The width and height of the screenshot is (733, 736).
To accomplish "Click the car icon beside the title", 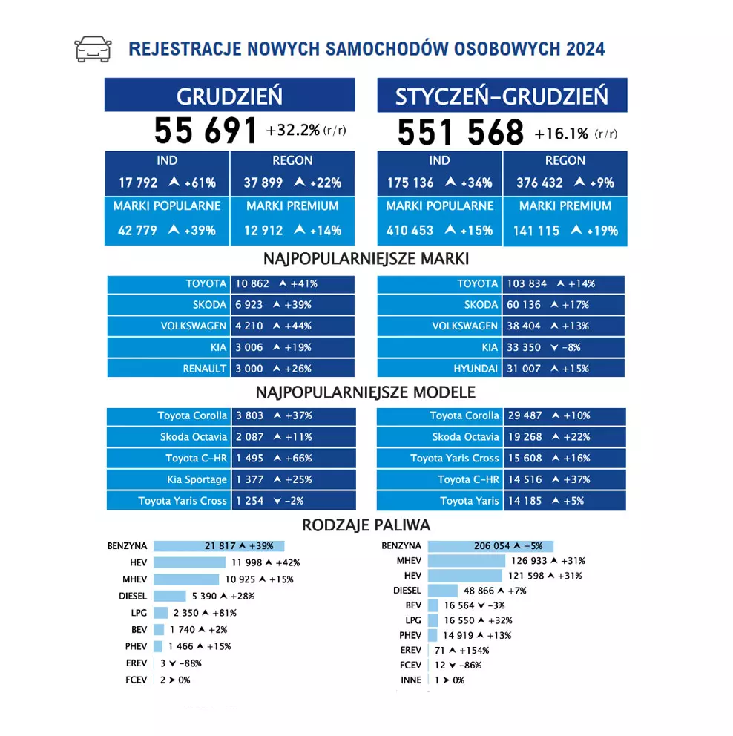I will [x=93, y=49].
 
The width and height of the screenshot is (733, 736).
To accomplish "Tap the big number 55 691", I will [x=206, y=131].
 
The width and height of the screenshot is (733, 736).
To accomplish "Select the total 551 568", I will [x=460, y=133].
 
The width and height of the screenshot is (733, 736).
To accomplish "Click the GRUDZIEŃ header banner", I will [x=229, y=95].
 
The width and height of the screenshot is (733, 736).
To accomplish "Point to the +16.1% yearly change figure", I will [x=561, y=134].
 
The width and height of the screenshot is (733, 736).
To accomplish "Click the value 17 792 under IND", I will [x=138, y=183].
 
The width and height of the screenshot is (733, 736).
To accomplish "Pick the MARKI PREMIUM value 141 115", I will [x=536, y=231].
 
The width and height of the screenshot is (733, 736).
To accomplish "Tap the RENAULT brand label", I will [x=205, y=369].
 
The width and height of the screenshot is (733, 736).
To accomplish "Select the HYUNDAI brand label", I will [x=476, y=369].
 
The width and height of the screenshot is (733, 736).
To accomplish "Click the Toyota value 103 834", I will [x=526, y=283].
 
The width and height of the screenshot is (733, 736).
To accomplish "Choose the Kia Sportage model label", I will [x=194, y=479].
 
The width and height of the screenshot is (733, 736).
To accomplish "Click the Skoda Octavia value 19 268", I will [x=525, y=437].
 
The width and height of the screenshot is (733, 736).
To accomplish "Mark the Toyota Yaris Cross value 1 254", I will [x=249, y=501].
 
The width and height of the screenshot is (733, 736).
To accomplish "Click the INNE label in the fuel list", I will [x=410, y=680].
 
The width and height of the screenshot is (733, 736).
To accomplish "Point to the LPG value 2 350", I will [x=186, y=613].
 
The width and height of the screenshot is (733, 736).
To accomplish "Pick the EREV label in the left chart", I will [x=137, y=663].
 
